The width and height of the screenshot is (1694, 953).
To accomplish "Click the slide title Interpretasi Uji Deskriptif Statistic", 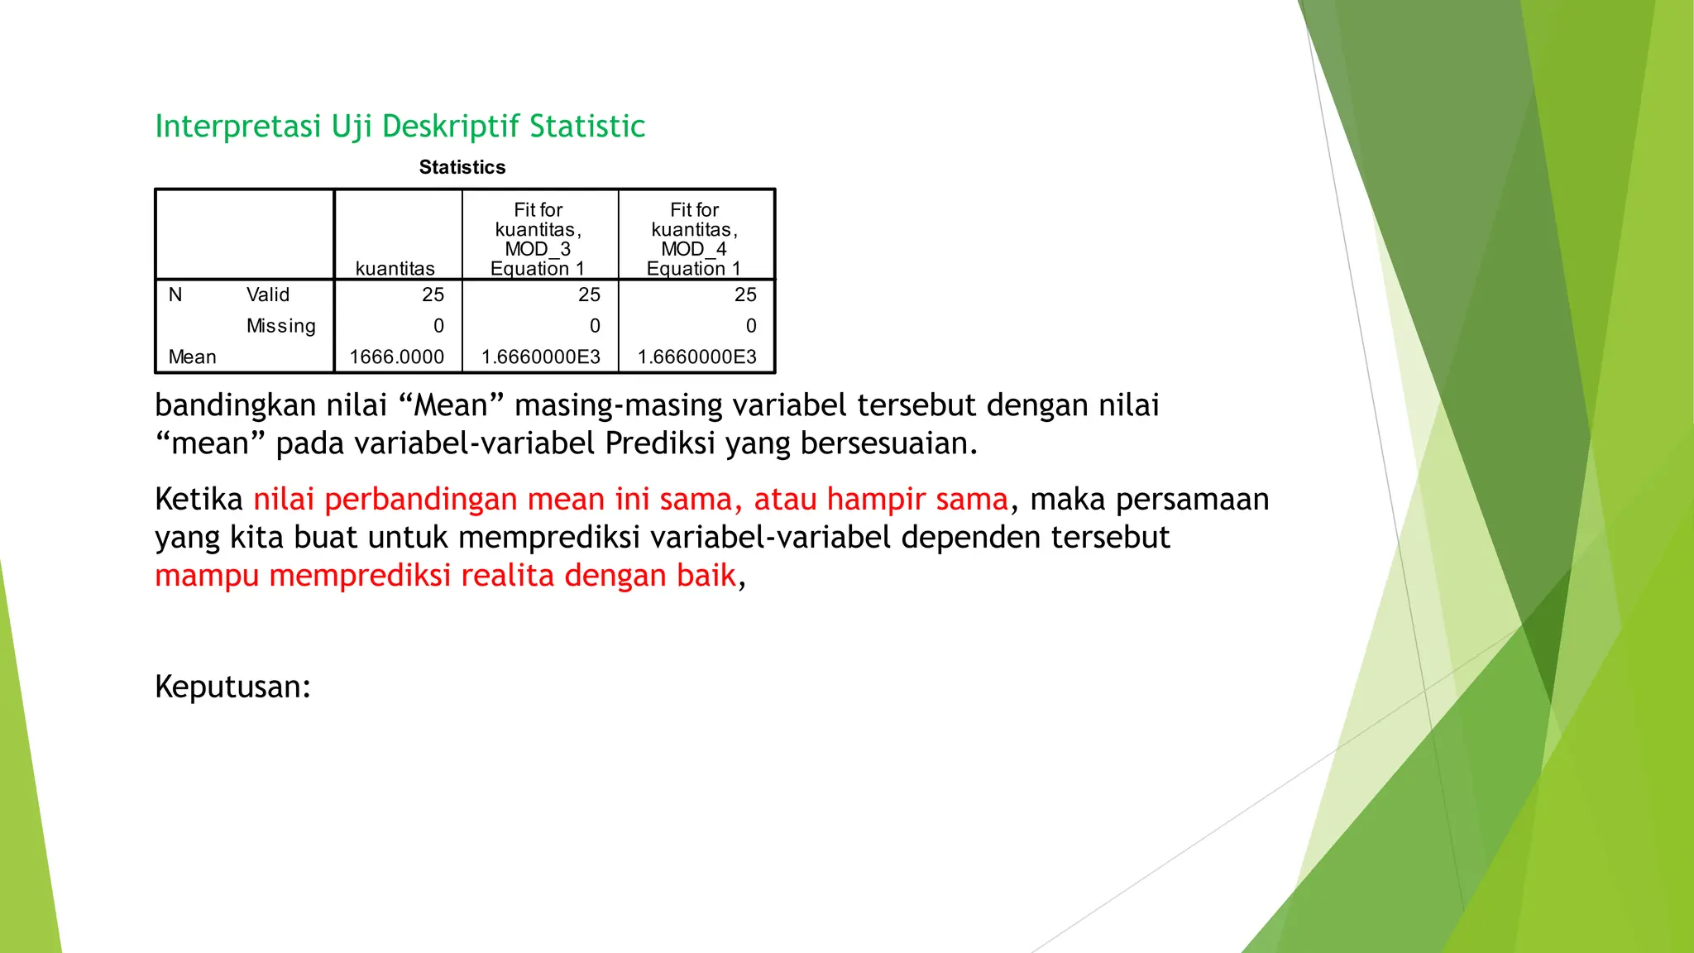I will click(400, 127).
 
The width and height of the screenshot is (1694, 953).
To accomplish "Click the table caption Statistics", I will click(462, 167).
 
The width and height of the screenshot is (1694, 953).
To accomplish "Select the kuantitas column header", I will click(395, 268).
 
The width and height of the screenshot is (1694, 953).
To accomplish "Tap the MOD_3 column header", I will click(538, 239).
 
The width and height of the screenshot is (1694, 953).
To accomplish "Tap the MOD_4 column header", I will click(694, 239).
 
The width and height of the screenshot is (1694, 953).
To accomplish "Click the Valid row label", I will click(268, 295).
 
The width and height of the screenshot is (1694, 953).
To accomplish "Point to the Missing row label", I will click(280, 326).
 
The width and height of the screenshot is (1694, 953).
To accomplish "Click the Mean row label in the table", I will click(192, 357).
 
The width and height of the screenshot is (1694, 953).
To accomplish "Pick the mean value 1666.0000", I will click(396, 357).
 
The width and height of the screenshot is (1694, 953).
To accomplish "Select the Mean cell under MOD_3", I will click(540, 357).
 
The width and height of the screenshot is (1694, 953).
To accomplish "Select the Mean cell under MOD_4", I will click(696, 357).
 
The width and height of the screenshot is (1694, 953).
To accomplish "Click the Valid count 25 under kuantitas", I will click(433, 295).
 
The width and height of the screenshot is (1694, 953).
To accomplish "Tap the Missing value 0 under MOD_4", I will click(750, 326).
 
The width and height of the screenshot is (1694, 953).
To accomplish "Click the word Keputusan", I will click(232, 687).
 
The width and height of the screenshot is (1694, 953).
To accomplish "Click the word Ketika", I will click(199, 500).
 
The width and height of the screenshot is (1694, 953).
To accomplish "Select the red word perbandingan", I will click(420, 500).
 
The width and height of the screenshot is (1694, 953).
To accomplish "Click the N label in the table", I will click(175, 295).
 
